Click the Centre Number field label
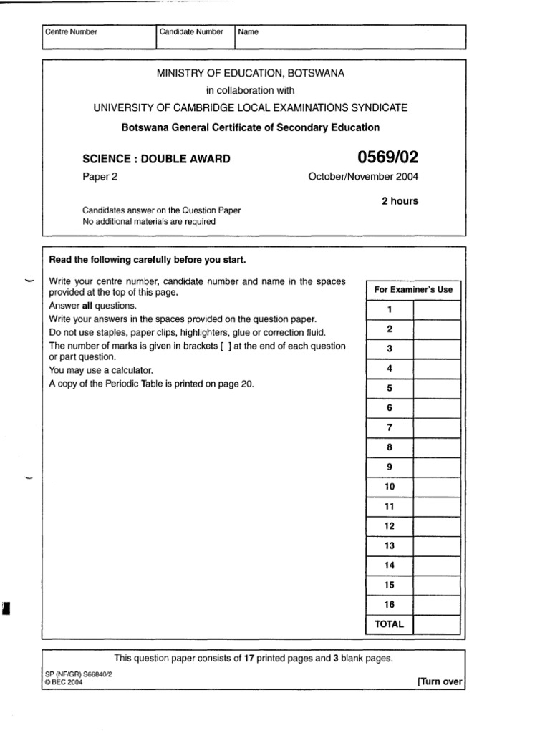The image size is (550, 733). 71,32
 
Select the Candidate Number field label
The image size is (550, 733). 191,32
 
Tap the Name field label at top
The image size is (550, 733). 249,32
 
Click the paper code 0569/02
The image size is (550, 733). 385,157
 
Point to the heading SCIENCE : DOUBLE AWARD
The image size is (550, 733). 157,159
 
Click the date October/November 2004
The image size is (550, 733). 363,177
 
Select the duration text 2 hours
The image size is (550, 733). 400,201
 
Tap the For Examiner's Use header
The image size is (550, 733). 413,290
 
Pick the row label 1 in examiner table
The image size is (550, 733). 390,310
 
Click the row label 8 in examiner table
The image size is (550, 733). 390,447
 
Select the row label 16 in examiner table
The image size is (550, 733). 390,605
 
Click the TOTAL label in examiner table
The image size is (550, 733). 390,624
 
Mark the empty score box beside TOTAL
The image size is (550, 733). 437,624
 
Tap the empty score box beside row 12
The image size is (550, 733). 437,526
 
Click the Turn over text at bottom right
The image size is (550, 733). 440,681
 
